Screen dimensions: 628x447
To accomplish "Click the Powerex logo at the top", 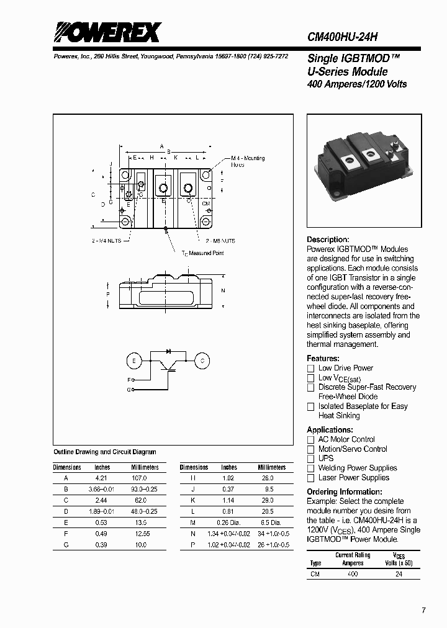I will tap(106, 32).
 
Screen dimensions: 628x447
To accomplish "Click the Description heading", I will tap(328, 240).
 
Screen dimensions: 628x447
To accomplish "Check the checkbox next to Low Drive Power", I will tap(311, 369).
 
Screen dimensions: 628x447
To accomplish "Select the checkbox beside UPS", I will tap(311, 459).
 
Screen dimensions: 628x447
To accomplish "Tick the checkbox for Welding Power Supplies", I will tap(311, 469).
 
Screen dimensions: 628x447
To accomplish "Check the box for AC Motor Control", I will tap(311, 439).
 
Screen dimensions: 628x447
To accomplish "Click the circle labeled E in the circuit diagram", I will tap(133, 361).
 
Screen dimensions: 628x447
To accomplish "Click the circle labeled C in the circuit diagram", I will tap(202, 361).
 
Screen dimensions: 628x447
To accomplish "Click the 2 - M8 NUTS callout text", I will tap(220, 240).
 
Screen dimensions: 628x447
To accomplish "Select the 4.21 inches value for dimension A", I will tap(102, 478).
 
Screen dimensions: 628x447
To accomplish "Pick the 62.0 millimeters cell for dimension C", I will tap(140, 500).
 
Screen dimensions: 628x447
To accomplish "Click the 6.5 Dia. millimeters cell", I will tap(271, 523).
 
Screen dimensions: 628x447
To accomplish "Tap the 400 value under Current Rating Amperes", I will tap(353, 575).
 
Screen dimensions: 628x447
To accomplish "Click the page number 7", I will tap(423, 611).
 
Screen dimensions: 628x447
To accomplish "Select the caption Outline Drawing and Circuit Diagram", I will tap(105, 452).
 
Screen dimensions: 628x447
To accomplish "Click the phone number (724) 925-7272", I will tap(268, 56).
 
